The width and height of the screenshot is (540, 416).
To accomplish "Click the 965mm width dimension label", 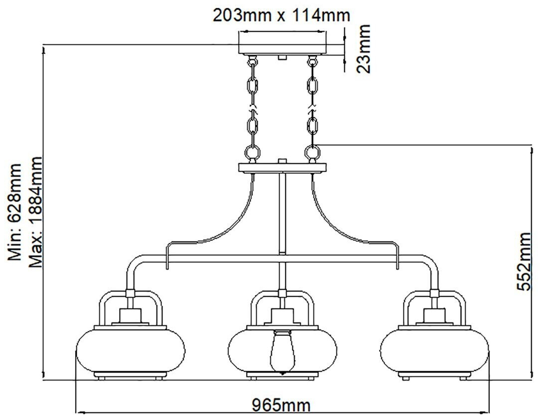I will pyautogui.click(x=280, y=405).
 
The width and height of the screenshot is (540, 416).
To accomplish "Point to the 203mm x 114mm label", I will pyautogui.click(x=281, y=15).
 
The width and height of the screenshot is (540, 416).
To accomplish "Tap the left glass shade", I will pyautogui.click(x=131, y=350).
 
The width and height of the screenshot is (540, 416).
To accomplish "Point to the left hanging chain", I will pyautogui.click(x=253, y=107).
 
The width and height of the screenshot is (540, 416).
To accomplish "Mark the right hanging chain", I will pyautogui.click(x=312, y=107).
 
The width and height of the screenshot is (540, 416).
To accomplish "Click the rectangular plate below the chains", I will pyautogui.click(x=282, y=168).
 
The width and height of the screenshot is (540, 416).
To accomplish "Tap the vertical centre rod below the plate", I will pyautogui.click(x=282, y=214).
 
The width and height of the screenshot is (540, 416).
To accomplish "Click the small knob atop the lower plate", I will pyautogui.click(x=282, y=161).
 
